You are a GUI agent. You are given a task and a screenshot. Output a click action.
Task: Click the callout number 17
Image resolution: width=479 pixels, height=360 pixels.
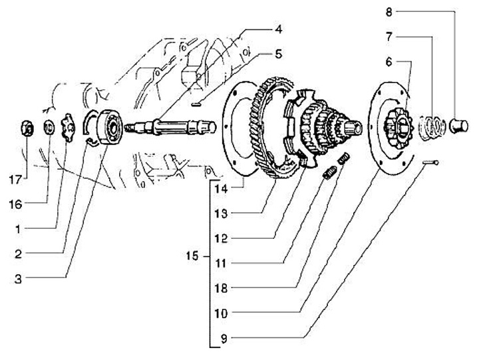point(15,180)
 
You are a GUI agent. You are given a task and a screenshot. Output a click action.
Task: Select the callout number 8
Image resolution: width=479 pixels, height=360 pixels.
point(389,12)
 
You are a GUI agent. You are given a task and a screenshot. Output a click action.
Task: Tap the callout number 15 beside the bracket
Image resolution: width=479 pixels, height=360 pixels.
point(192,256)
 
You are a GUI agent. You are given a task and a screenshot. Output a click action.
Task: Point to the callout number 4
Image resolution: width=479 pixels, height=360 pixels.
point(278,29)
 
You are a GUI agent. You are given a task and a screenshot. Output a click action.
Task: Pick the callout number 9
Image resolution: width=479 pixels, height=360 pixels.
point(224,339)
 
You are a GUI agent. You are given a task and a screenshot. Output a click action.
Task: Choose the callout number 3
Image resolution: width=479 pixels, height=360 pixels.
point(19,279)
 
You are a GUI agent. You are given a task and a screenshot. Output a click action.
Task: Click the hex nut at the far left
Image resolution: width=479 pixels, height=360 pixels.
point(27,130)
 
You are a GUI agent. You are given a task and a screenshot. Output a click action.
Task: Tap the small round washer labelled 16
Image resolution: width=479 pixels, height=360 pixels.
point(49,126)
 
